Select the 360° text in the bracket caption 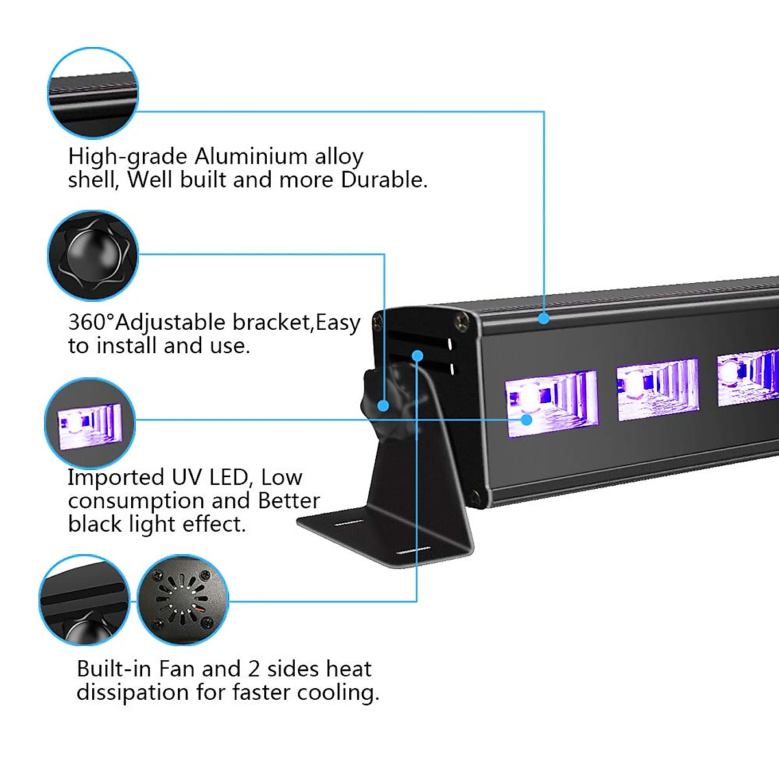[91, 323]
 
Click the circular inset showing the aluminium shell [93, 92]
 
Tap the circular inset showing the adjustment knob [93, 255]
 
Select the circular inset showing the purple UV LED [90, 423]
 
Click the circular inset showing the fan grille [183, 600]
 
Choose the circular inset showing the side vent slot [84, 600]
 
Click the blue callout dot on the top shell [543, 318]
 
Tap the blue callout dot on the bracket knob [383, 406]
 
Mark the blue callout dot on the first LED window [526, 419]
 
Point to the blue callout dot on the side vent [417, 355]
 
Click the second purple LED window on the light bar [658, 389]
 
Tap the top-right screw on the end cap [462, 319]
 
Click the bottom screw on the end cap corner [475, 498]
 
